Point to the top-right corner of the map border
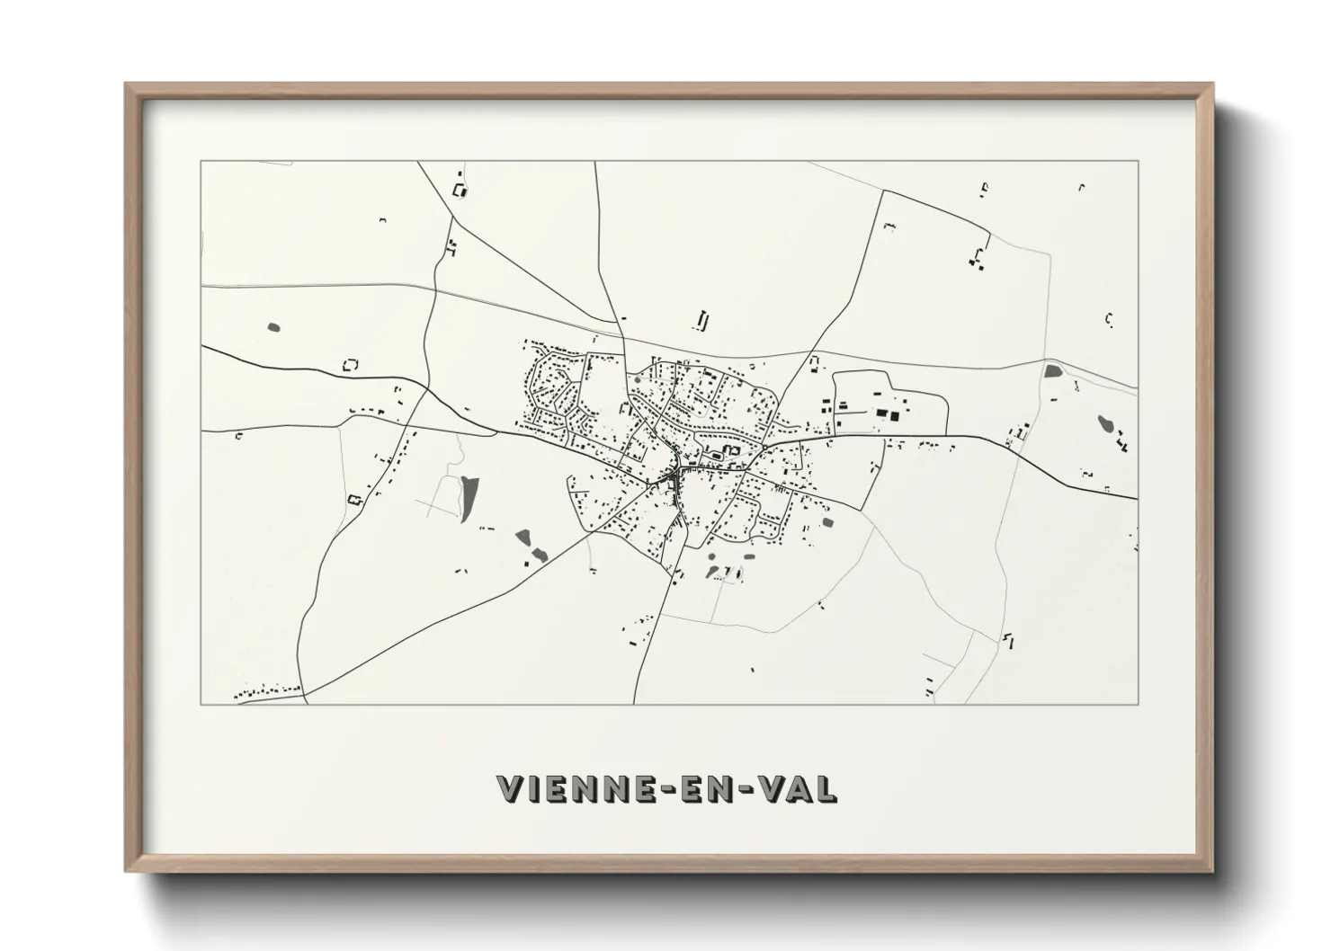coord(1138,162)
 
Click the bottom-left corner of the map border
coord(201,704)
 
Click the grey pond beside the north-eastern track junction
coord(1051,370)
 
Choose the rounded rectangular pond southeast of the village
coord(827,521)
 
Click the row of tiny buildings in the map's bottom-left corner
coord(266,691)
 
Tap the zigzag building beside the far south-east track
coord(1008,639)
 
